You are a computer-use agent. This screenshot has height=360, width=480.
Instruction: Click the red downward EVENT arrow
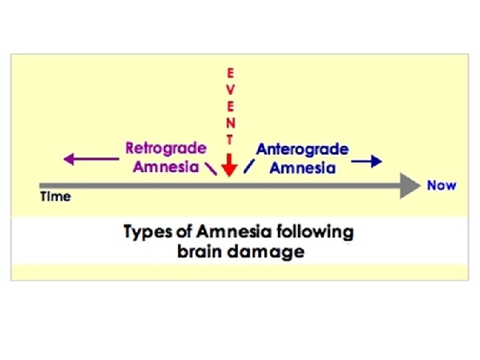click(x=229, y=164)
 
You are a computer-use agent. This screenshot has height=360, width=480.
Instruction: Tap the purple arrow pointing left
click(x=89, y=159)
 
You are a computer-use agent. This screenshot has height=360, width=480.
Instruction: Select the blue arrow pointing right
click(x=367, y=161)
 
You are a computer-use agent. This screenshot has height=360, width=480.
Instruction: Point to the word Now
click(x=441, y=185)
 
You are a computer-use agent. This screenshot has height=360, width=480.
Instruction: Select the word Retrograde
click(x=166, y=148)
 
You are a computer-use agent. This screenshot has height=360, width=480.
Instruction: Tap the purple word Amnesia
click(x=165, y=167)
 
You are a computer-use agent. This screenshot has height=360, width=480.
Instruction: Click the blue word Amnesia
click(x=302, y=168)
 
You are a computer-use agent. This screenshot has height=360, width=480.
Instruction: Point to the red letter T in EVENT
click(x=230, y=139)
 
